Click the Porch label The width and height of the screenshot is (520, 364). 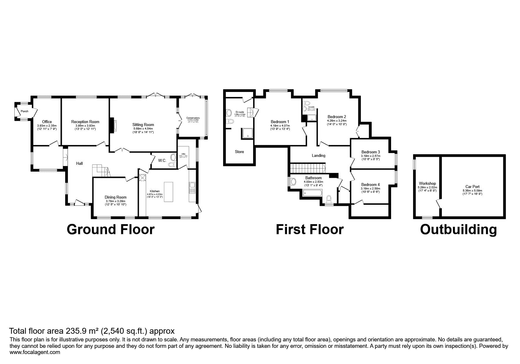point(25,111)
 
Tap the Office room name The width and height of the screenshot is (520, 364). point(47,122)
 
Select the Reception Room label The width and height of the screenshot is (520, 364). point(85,122)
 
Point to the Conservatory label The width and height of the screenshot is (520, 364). point(193,118)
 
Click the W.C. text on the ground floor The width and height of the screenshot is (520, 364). point(162,160)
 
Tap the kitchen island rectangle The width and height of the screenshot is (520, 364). point(168,192)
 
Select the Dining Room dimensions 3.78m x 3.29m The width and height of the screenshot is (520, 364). point(115,201)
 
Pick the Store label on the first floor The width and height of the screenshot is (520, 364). point(239,152)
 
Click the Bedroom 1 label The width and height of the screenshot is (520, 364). point(280,122)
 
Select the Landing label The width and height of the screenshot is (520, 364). point(318,155)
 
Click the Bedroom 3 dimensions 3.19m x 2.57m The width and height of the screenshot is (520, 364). point(370,156)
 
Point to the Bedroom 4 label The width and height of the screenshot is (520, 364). point(370,185)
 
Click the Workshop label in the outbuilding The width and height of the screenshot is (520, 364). point(427,183)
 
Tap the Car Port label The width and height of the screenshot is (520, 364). point(472,187)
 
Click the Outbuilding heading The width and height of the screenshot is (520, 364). point(458,229)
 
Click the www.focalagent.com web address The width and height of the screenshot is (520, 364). point(35,352)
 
